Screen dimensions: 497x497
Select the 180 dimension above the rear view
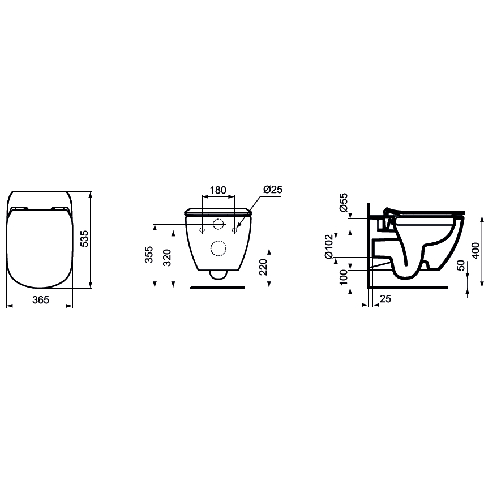(x=218, y=190)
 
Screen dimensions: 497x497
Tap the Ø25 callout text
(x=272, y=190)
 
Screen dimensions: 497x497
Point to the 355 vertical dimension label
(x=148, y=256)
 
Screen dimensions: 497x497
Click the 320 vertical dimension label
(x=167, y=258)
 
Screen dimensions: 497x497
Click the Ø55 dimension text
(x=344, y=202)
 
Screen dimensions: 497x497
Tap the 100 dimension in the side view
(x=343, y=278)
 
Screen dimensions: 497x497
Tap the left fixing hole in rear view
(x=202, y=230)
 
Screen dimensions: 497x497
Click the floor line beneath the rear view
(x=218, y=288)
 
